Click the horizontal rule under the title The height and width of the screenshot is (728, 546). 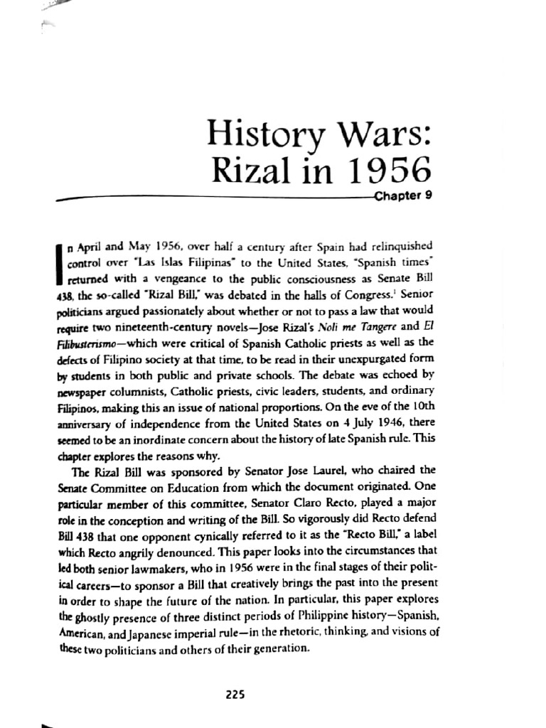tap(213, 199)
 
